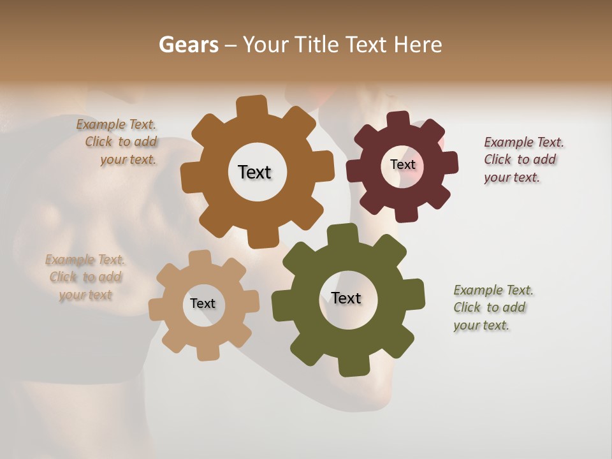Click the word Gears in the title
(x=188, y=45)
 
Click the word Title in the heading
(x=317, y=45)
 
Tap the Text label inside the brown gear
(x=254, y=172)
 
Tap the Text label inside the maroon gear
(x=402, y=164)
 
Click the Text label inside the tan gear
(x=203, y=303)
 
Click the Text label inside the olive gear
(x=346, y=298)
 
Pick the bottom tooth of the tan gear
(x=206, y=353)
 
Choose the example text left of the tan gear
(x=85, y=277)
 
